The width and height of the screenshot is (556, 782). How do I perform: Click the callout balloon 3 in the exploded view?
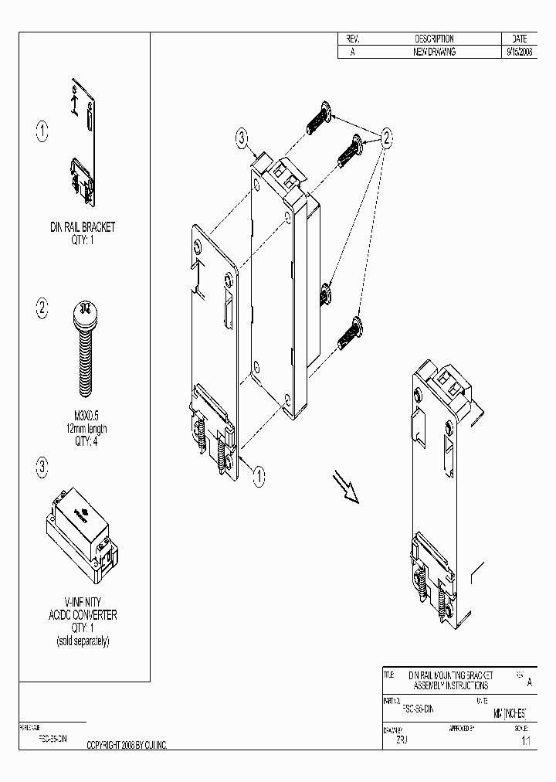[x=242, y=138]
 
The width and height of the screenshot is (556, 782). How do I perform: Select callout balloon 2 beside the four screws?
[x=385, y=137]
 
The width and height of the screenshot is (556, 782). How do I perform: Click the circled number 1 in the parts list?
[x=42, y=131]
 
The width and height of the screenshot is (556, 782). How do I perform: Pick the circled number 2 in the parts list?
[x=42, y=309]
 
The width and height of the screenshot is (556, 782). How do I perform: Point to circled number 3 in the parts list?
[x=42, y=467]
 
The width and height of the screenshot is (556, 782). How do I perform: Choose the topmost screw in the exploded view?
[x=319, y=118]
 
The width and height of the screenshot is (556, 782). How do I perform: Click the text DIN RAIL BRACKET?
[x=82, y=227]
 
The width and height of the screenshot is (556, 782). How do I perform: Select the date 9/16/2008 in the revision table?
[x=518, y=52]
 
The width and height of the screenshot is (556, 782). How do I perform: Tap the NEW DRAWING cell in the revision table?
[x=434, y=52]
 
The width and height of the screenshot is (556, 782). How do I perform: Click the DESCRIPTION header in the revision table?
[x=434, y=39]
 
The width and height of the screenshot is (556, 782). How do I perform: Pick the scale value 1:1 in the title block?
[x=525, y=740]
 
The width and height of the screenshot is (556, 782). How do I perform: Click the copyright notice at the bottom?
[x=127, y=745]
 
